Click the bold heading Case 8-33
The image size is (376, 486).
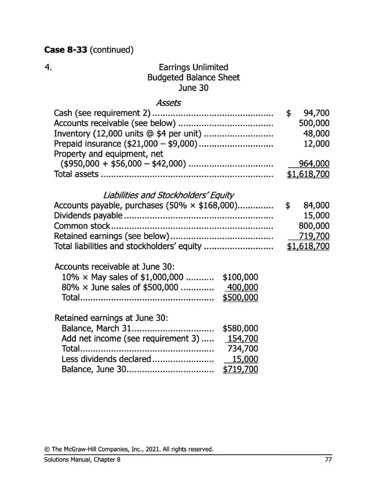(x=65, y=49)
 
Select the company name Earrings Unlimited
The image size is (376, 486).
(x=193, y=67)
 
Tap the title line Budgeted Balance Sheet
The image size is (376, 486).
(x=193, y=78)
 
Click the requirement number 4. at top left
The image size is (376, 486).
(x=48, y=67)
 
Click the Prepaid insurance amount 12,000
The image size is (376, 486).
(x=318, y=144)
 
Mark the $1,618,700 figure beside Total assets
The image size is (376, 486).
(x=308, y=174)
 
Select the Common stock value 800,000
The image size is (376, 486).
(x=314, y=226)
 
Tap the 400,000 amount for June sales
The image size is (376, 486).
(x=243, y=287)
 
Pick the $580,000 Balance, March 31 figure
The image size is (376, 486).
(x=241, y=329)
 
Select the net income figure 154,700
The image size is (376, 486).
(x=243, y=339)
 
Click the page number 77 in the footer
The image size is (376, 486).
(x=328, y=459)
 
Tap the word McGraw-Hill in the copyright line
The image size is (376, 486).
(x=79, y=449)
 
